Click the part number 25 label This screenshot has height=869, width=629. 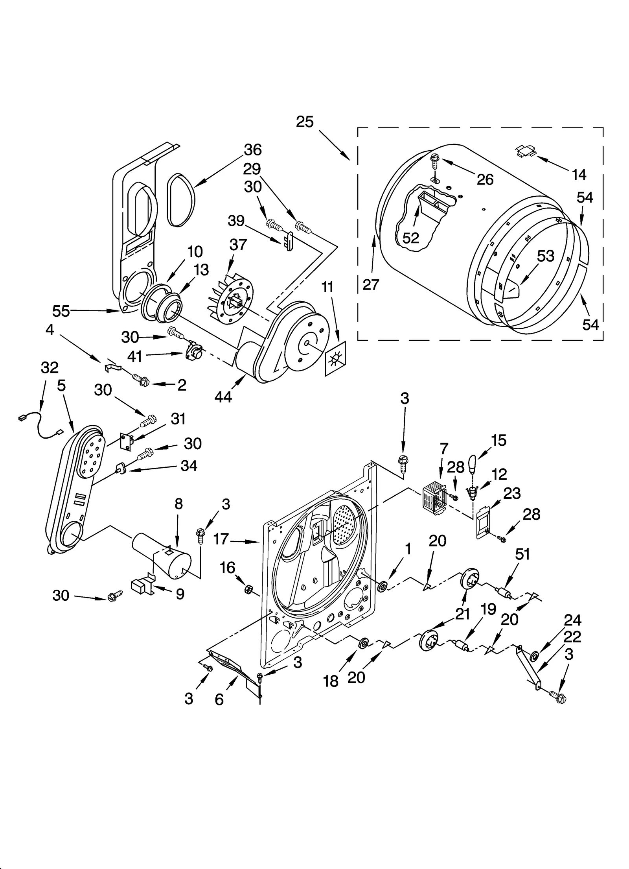[305, 122]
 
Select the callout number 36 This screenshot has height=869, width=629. [253, 150]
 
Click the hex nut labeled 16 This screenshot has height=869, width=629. [248, 589]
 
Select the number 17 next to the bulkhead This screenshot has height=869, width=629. [221, 539]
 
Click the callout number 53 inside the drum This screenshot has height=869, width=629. [546, 256]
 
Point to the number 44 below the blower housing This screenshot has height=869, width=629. [223, 397]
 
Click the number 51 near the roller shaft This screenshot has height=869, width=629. [522, 554]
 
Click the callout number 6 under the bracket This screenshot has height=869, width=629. [219, 699]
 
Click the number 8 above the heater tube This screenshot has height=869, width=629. [178, 504]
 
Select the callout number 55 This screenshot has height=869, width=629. [61, 311]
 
